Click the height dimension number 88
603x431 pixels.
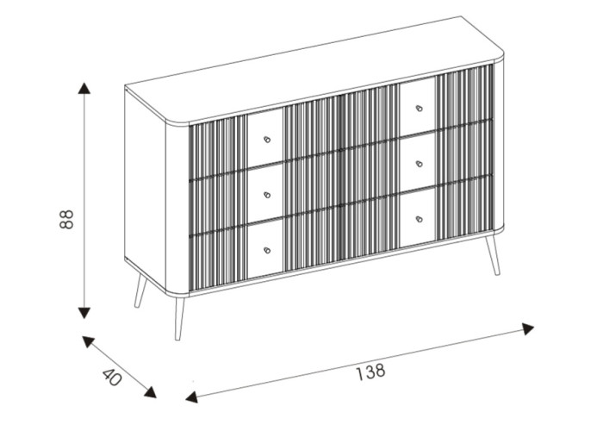67,217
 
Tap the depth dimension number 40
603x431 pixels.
112,377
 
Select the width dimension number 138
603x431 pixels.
370,372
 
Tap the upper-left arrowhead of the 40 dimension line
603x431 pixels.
88,341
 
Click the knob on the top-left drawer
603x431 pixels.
267,139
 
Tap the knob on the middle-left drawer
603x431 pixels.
267,195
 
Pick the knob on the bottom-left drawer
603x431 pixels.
267,250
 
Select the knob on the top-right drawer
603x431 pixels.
419,108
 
